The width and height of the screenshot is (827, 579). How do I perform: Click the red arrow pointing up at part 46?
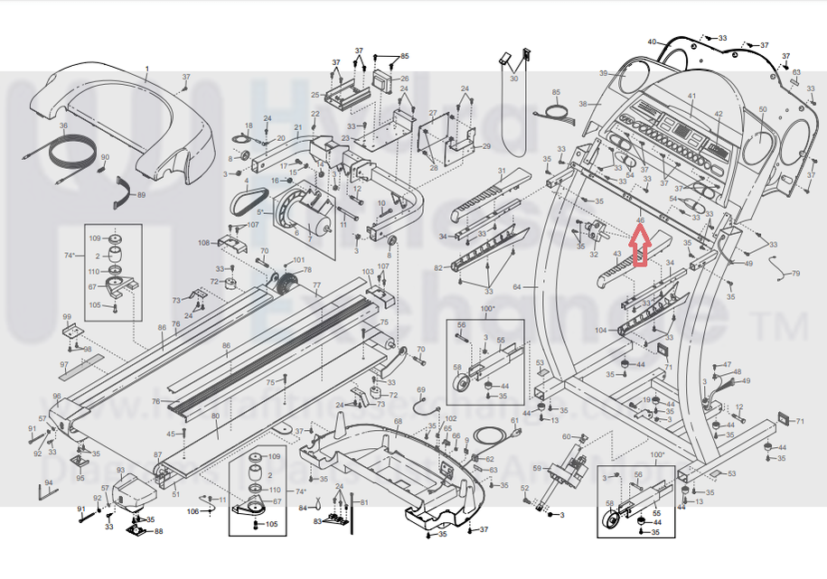pyautogui.click(x=639, y=247)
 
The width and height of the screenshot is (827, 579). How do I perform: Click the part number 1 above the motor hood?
pyautogui.click(x=147, y=70)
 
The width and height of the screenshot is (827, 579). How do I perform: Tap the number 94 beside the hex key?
pyautogui.click(x=49, y=483)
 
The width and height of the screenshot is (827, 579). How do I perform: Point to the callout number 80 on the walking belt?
pyautogui.click(x=215, y=416)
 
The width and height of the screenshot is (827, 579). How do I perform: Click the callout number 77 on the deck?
pyautogui.click(x=316, y=287)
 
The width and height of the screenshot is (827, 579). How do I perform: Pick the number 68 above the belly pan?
pyautogui.click(x=397, y=422)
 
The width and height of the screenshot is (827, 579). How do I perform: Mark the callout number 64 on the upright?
pyautogui.click(x=517, y=287)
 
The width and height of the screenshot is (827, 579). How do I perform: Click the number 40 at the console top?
pyautogui.click(x=652, y=42)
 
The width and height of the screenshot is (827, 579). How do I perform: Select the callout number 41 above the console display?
pyautogui.click(x=691, y=97)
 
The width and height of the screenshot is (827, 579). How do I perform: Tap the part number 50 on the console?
pyautogui.click(x=762, y=110)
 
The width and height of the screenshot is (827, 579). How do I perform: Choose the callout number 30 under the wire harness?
pyautogui.click(x=513, y=79)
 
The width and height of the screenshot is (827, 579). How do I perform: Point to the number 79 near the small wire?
pyautogui.click(x=795, y=273)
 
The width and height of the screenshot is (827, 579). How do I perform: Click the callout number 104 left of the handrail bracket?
pyautogui.click(x=601, y=332)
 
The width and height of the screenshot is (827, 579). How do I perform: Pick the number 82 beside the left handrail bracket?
pyautogui.click(x=438, y=268)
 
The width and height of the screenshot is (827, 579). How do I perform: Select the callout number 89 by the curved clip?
pyautogui.click(x=141, y=195)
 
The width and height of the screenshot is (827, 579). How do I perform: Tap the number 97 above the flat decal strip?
pyautogui.click(x=64, y=365)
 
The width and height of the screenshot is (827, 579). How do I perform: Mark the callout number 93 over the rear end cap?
pyautogui.click(x=120, y=470)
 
